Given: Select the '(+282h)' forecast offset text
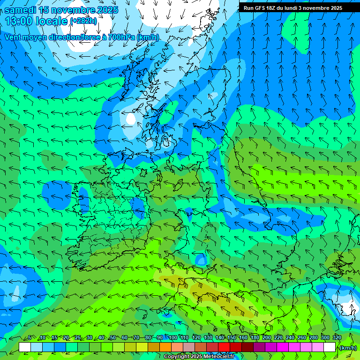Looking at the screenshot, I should (83, 21).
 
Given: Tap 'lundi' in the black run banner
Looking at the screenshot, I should (288, 8).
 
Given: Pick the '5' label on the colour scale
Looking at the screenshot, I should (30, 338).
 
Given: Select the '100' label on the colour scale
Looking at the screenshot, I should (173, 338).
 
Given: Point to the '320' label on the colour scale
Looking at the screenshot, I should (337, 338).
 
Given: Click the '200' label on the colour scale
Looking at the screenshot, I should (267, 338).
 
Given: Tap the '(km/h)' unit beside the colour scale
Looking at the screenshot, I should (348, 348).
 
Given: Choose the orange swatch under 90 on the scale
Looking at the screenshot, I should (165, 347).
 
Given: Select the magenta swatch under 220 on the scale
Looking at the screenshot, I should (282, 347).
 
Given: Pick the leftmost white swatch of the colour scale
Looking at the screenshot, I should (25, 347).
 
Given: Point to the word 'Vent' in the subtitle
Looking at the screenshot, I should (13, 37).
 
